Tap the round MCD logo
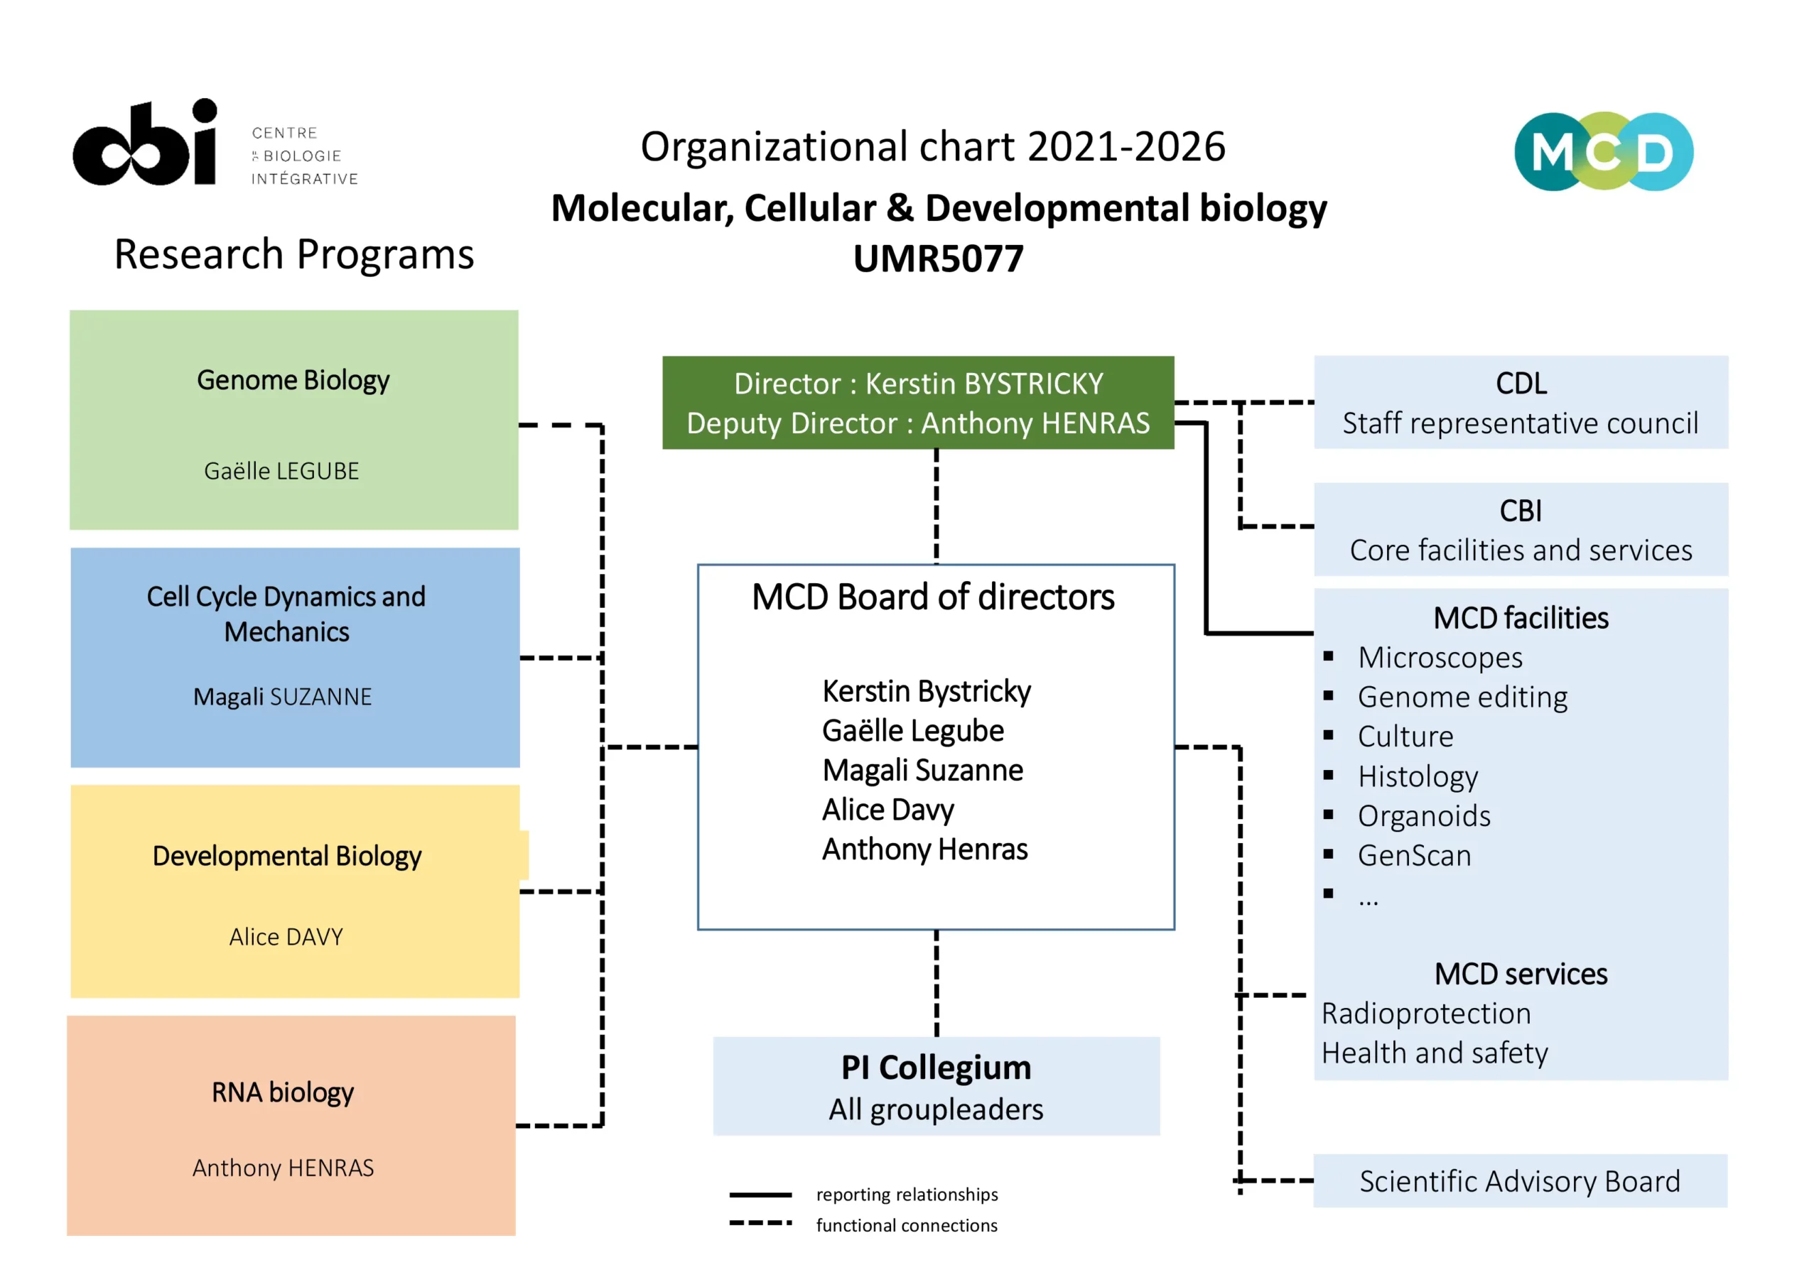pos(1603,151)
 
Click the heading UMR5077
pos(938,259)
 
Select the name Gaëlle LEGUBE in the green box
pos(281,471)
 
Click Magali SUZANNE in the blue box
pos(282,697)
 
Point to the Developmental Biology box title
pos(287,856)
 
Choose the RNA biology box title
pos(282,1092)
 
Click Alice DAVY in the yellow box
pos(286,937)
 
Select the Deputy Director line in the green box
pos(917,423)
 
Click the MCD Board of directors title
pos(932,597)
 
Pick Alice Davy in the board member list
pos(888,809)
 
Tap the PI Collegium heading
pos(936,1068)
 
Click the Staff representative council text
pos(1520,423)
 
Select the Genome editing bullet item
pos(1462,697)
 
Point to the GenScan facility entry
pos(1414,855)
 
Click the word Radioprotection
pos(1426,1014)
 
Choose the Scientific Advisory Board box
pos(1520,1181)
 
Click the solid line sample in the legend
pos(760,1194)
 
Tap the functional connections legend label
pos(907,1225)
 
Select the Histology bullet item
pos(1418,776)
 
